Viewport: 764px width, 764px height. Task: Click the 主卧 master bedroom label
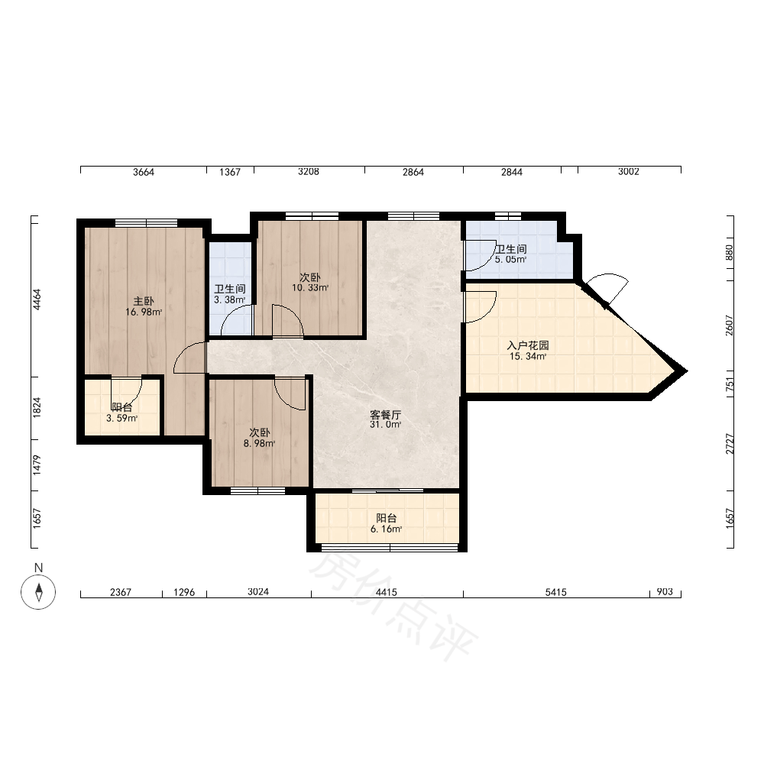144,301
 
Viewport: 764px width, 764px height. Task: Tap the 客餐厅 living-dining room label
385,415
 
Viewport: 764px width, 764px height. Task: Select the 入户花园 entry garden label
528,345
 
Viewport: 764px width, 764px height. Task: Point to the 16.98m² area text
144,312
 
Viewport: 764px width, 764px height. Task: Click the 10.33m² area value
310,288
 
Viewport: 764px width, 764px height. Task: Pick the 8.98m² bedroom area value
259,443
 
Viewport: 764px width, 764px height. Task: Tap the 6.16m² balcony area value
386,529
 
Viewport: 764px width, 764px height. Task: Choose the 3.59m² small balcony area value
121,418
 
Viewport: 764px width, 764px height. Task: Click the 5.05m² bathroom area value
510,260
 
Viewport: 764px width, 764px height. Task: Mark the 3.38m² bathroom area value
229,300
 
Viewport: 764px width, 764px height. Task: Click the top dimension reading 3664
144,172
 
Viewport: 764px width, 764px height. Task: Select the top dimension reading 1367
229,172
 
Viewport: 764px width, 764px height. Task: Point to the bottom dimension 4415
386,592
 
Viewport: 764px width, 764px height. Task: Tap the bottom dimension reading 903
665,591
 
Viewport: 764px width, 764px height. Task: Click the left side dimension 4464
37,299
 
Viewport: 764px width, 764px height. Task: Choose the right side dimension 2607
730,325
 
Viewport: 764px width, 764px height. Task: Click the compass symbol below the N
38,592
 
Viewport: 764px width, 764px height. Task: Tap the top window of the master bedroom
146,223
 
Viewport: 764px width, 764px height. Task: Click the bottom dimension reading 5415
555,592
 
